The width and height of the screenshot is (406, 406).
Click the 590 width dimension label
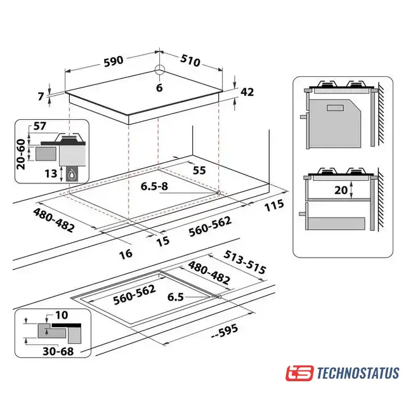114,61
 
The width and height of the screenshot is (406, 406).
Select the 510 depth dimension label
190,61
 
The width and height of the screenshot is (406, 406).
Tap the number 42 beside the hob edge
247,92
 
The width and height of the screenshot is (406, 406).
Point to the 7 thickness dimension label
41,96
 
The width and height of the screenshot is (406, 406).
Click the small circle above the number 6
159,69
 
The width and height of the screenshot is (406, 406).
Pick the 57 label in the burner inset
39,126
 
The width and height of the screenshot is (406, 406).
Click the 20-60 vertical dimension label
21,154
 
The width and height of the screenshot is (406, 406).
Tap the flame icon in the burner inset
71,175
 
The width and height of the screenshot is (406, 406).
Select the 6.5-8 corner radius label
154,186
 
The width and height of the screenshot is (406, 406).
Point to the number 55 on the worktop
199,171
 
